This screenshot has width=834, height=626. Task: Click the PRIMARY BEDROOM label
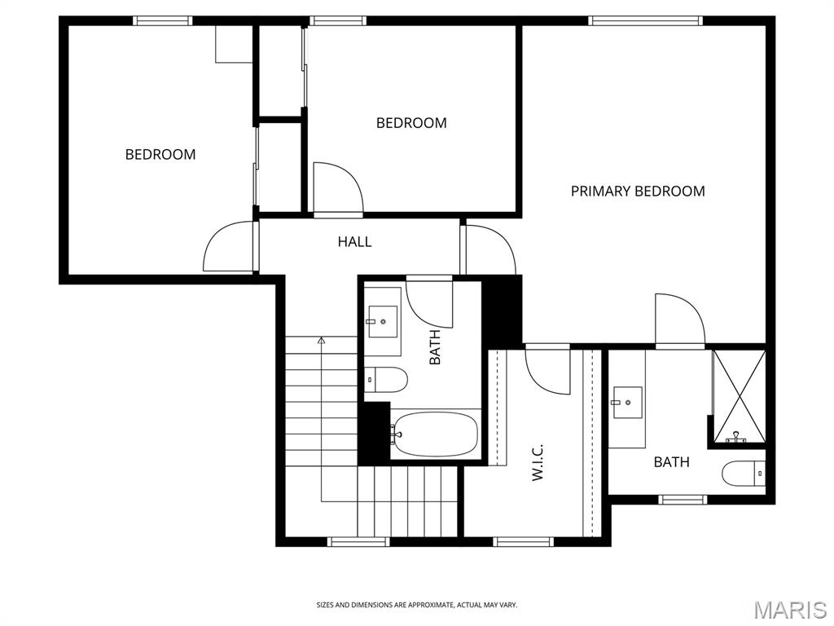point(638,191)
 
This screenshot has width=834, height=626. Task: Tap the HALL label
point(355,242)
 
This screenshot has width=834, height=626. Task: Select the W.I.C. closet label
point(538,462)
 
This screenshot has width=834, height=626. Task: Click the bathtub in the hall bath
point(436,434)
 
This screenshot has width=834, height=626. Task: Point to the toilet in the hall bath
point(386,380)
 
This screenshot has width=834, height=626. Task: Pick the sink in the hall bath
point(383,321)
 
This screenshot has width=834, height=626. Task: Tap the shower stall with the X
point(739,396)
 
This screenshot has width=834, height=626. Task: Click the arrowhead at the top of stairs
point(321,340)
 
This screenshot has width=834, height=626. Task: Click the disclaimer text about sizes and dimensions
point(417,606)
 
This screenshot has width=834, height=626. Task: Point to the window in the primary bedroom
point(646,20)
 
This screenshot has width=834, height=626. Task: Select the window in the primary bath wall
point(683,500)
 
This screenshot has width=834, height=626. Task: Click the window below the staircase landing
point(358,542)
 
